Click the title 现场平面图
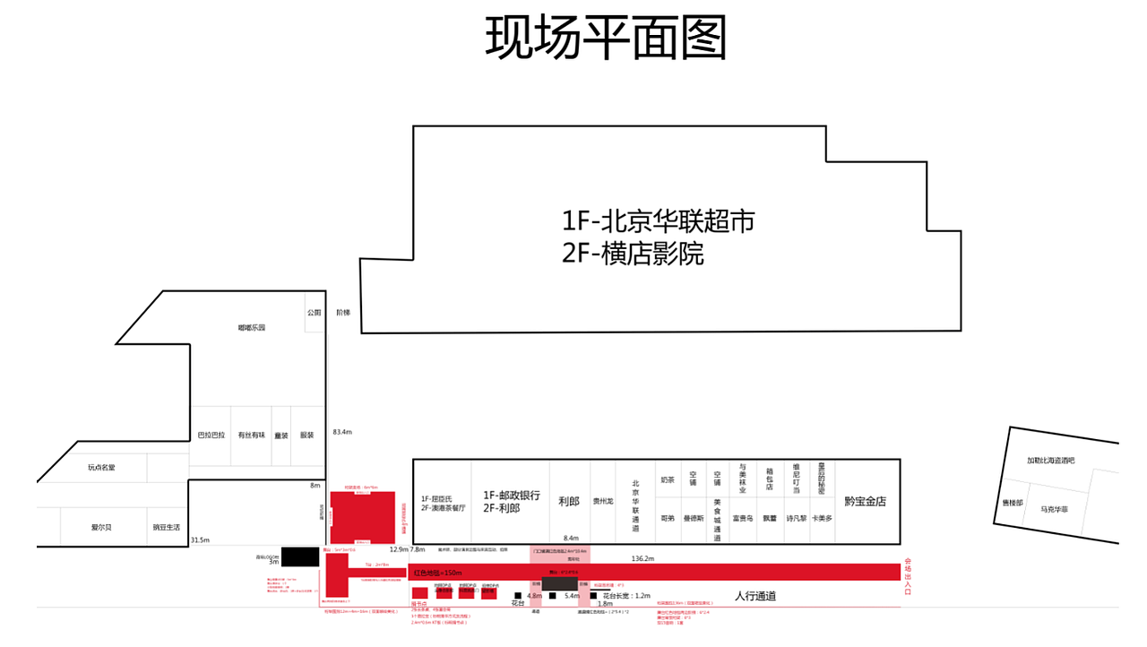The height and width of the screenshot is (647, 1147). click(605, 38)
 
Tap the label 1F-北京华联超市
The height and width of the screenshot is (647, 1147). click(659, 220)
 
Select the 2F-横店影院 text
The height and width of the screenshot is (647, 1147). click(633, 254)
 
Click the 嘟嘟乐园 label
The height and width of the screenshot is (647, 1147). click(252, 328)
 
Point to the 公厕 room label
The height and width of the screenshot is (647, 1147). click(314, 313)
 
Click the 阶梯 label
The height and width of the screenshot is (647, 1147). click(343, 313)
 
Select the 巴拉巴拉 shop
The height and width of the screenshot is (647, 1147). click(211, 436)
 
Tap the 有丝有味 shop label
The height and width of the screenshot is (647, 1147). click(252, 436)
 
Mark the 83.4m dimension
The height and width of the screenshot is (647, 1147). click(342, 432)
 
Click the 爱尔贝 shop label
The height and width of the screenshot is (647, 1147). click(101, 527)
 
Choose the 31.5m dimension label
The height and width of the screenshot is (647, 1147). click(200, 540)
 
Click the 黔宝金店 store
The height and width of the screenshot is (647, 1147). click(865, 502)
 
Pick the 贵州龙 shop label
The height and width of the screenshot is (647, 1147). click(603, 502)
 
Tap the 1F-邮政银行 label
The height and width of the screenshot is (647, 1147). click(512, 496)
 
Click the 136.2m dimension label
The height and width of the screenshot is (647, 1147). click(643, 558)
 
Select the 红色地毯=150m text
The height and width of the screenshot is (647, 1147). click(437, 573)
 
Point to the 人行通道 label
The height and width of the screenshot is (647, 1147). click(755, 596)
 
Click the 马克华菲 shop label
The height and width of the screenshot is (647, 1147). click(1054, 510)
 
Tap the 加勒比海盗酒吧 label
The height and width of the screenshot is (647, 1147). click(1051, 461)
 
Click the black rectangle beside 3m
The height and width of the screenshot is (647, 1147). click(300, 556)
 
